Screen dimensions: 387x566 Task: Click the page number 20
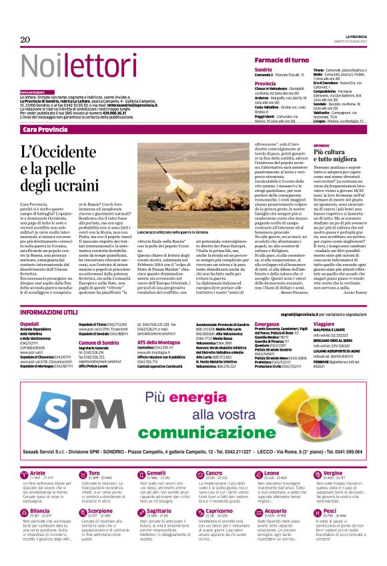(x=25, y=40)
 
